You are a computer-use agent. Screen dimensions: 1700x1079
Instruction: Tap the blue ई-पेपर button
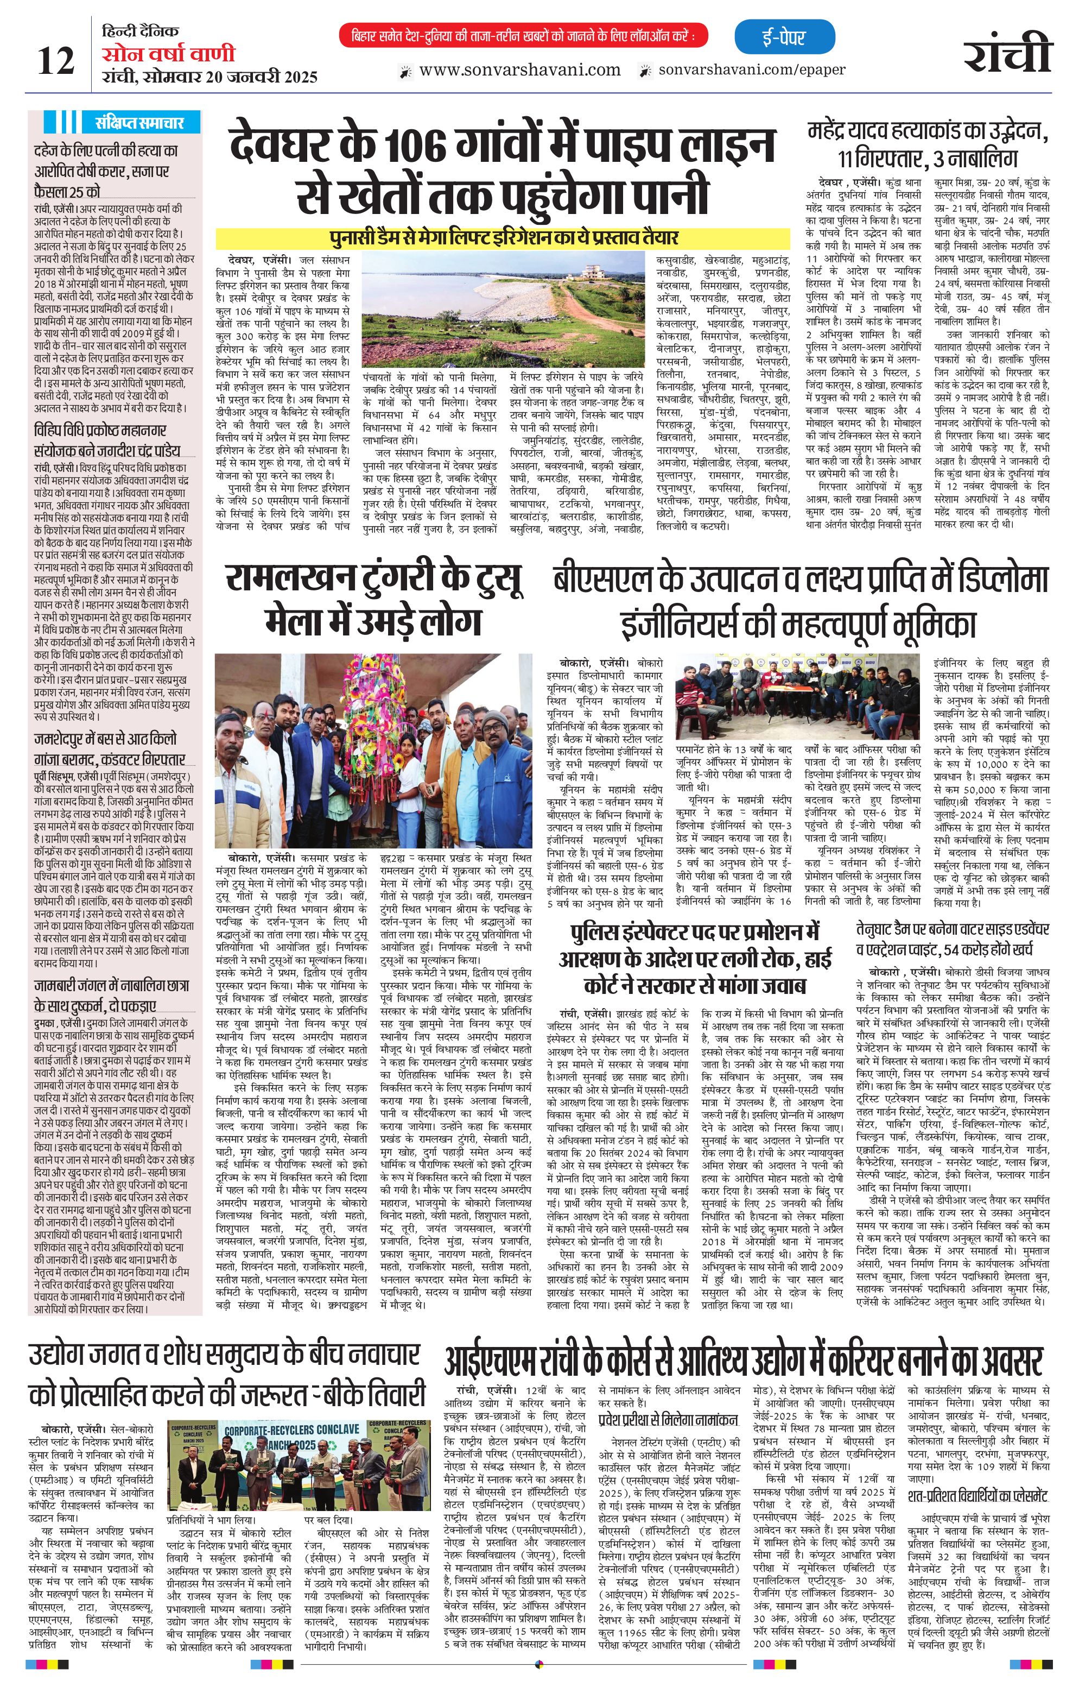(784, 37)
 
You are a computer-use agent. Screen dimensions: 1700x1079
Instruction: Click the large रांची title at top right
(1008, 51)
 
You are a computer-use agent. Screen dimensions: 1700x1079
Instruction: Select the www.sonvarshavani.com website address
(519, 70)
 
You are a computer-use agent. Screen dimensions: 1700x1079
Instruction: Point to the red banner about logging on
(523, 36)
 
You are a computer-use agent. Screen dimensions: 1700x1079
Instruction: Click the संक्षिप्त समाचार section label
(139, 122)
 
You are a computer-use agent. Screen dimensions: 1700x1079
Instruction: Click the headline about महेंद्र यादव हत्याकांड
(928, 143)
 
